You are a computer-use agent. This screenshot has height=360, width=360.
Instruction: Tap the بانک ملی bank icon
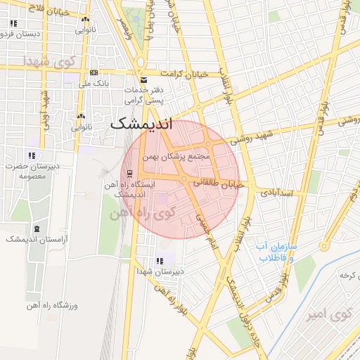(94, 73)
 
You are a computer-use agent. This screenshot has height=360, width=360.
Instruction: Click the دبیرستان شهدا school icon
(159, 260)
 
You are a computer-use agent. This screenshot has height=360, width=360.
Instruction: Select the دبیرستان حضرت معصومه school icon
(30, 155)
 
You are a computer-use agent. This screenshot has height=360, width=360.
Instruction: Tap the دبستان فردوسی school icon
(13, 23)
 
